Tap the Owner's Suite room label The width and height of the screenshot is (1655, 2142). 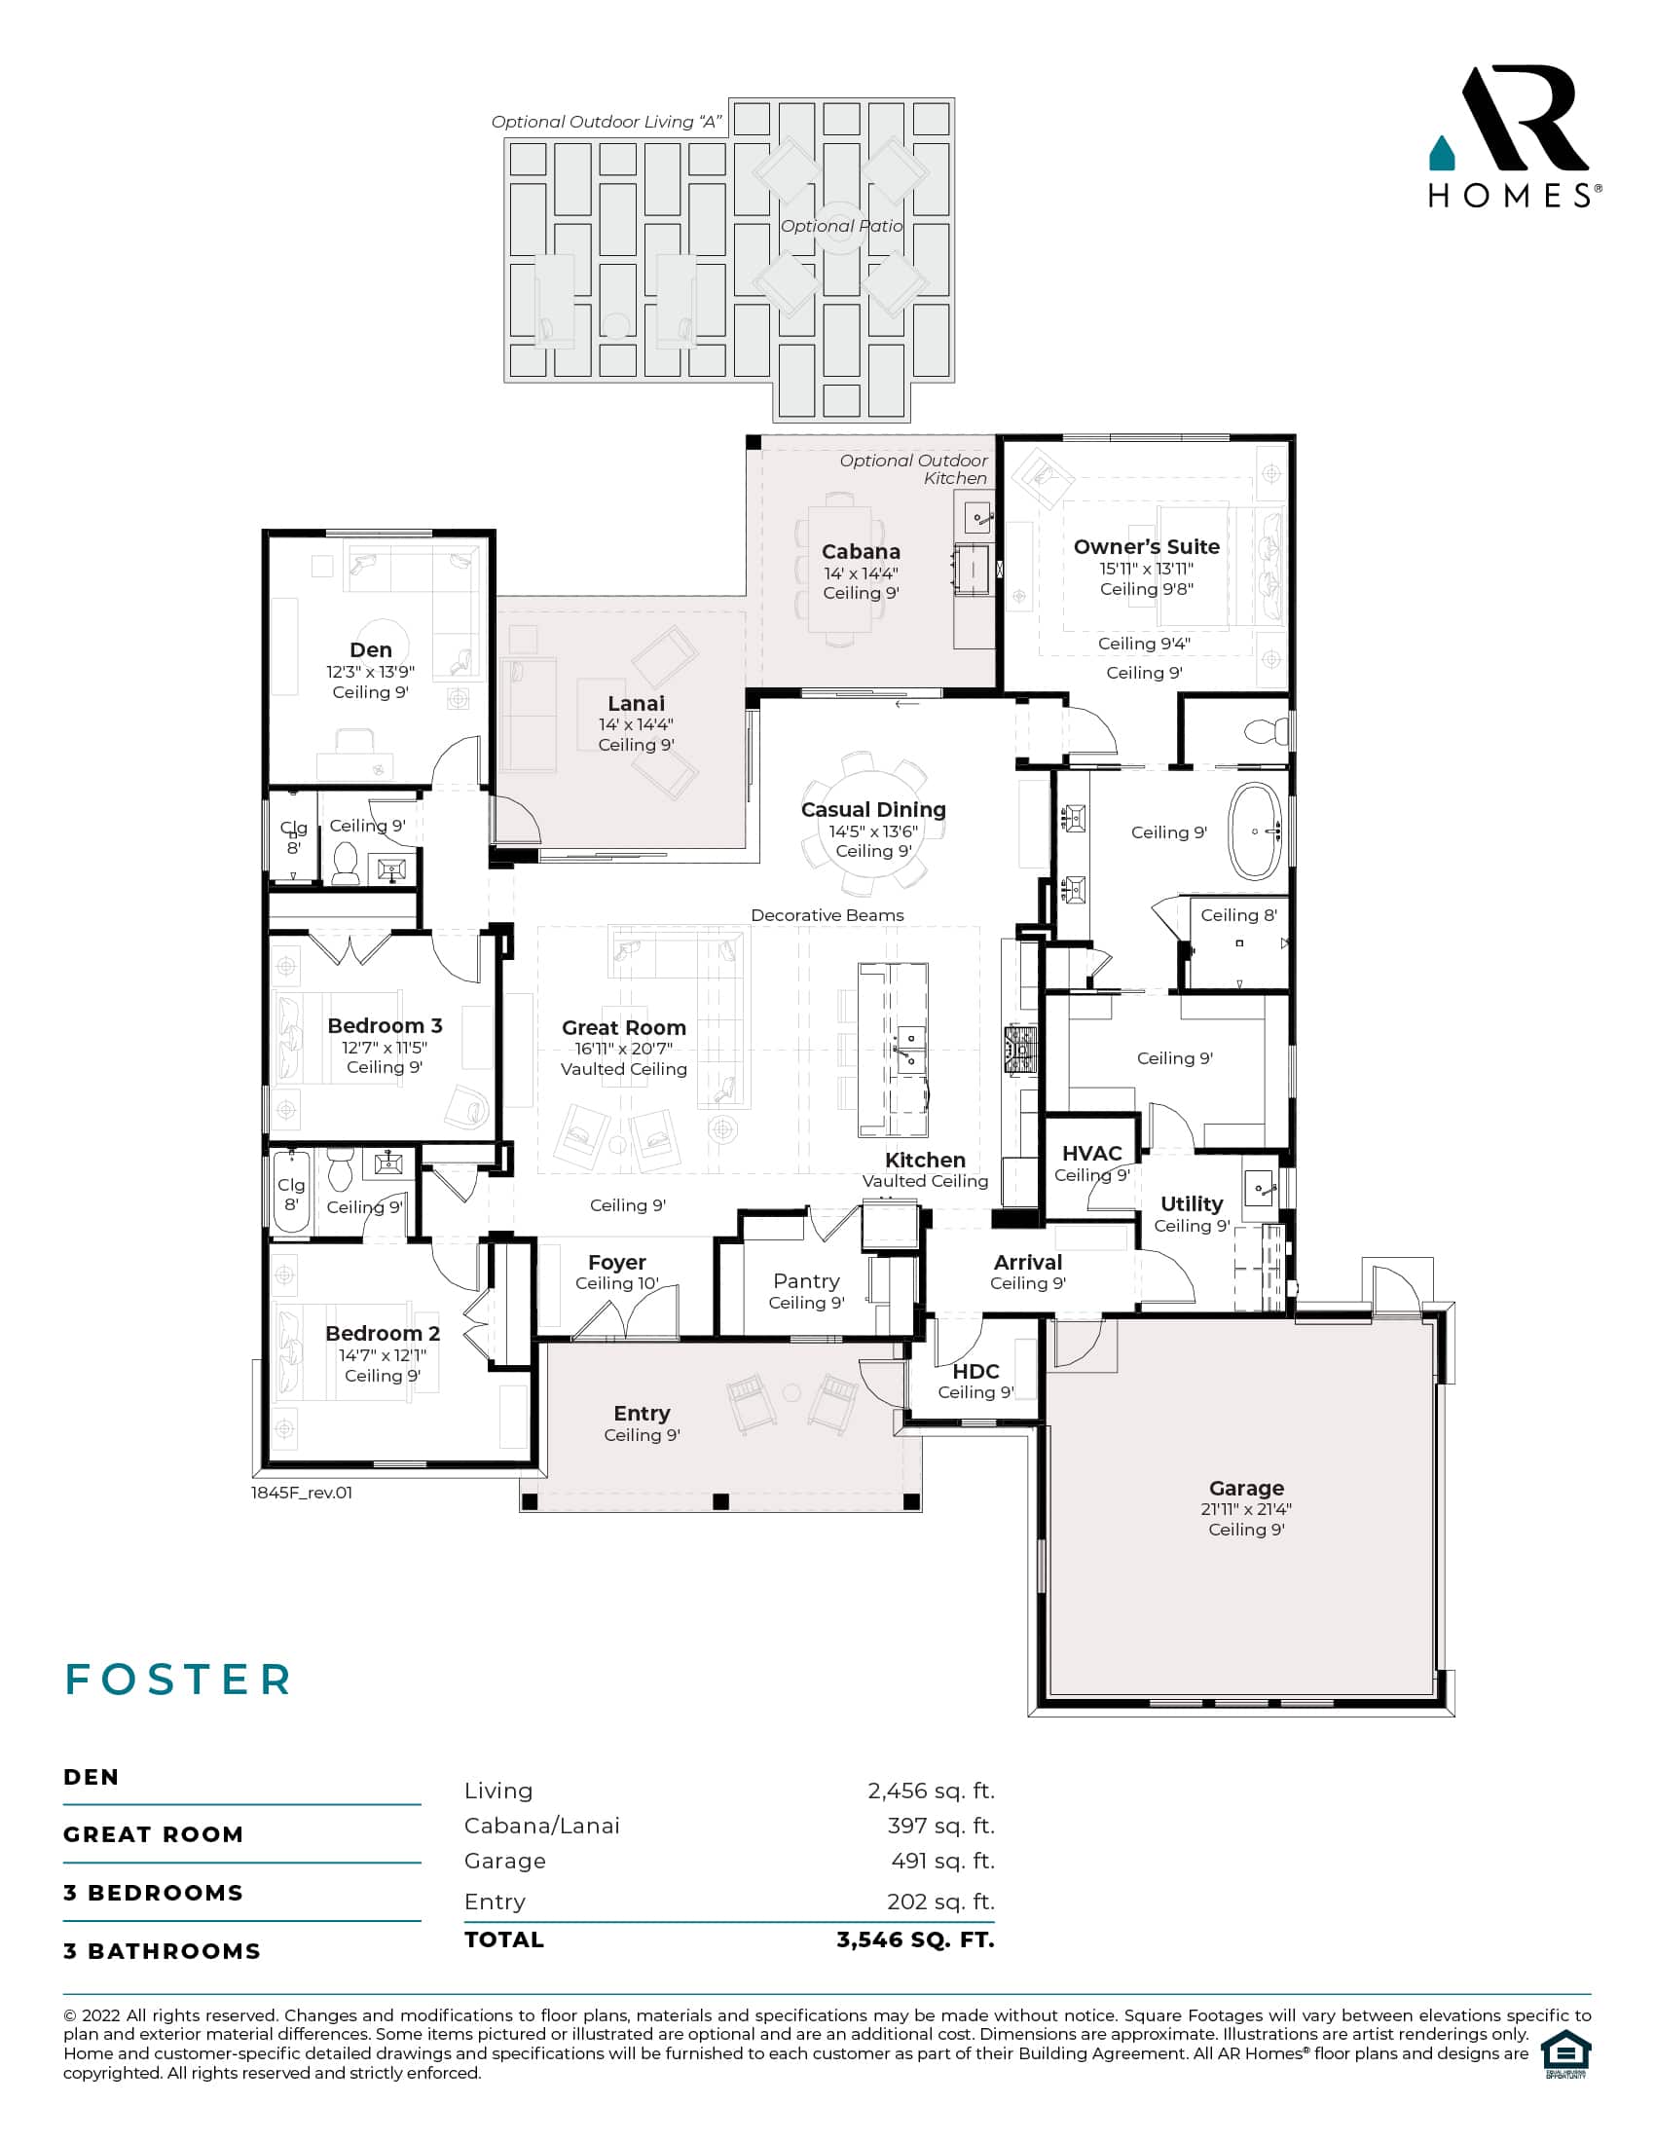point(1146,547)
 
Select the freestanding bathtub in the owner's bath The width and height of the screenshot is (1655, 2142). point(1255,831)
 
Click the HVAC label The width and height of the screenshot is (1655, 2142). point(1091,1154)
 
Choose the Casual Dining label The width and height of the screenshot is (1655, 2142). point(872,810)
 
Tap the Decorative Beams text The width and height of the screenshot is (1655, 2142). point(827,915)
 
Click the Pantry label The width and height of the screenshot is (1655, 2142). point(806,1281)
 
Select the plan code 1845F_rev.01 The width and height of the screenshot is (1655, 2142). point(301,1493)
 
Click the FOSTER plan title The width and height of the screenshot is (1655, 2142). point(178,1680)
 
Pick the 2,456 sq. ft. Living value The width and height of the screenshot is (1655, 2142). point(931,1791)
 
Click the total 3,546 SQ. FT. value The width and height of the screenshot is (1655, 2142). point(915,1939)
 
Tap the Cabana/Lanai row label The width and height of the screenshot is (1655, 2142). point(541,1826)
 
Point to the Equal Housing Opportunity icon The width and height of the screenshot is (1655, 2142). point(1564,2054)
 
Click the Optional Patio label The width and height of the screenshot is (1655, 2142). point(841,227)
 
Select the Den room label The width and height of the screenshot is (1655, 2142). point(371,650)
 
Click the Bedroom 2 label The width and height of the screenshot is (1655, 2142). point(383,1334)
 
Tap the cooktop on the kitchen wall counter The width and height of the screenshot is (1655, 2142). point(1019,1050)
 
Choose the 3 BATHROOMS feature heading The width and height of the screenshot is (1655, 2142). point(162,1951)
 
